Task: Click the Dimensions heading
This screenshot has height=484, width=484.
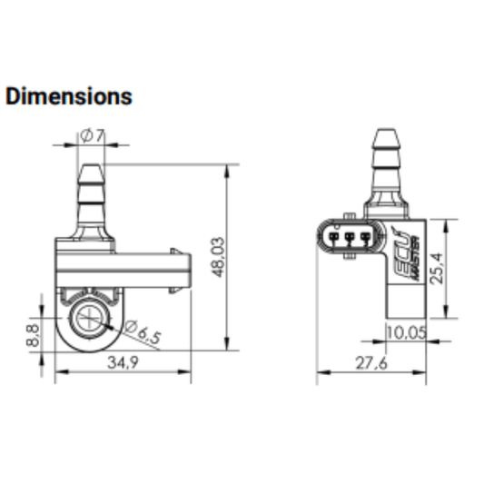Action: point(69,96)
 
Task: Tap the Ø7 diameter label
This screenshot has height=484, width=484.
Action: point(92,136)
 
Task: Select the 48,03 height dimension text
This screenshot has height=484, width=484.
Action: point(218,257)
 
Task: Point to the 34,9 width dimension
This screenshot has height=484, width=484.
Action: point(123,362)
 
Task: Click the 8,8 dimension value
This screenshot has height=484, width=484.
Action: point(33,335)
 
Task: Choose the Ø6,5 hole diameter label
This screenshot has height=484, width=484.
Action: point(143,331)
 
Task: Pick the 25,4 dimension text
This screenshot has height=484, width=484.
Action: point(437,268)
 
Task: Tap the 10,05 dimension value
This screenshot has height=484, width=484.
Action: point(406,332)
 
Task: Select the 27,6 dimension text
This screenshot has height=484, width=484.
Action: point(371,363)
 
